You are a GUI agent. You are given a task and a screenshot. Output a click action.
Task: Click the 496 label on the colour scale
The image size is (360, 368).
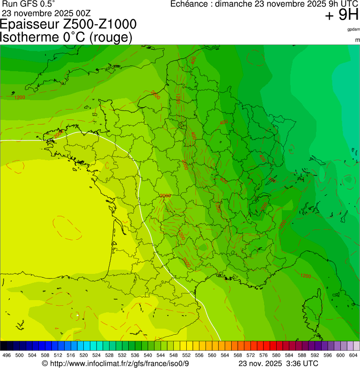tap(7, 355)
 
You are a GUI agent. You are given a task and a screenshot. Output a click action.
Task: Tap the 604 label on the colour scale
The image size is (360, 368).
tap(353, 355)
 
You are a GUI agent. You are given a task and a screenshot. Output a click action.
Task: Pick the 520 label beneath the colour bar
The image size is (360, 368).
tap(83, 355)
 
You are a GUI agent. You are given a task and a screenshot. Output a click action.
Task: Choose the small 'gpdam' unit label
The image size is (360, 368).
tap(353, 29)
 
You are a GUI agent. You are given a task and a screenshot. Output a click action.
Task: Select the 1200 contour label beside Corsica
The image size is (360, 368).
tap(305, 276)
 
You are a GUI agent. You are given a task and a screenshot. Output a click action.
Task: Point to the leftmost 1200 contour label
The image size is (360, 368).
tap(20, 97)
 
